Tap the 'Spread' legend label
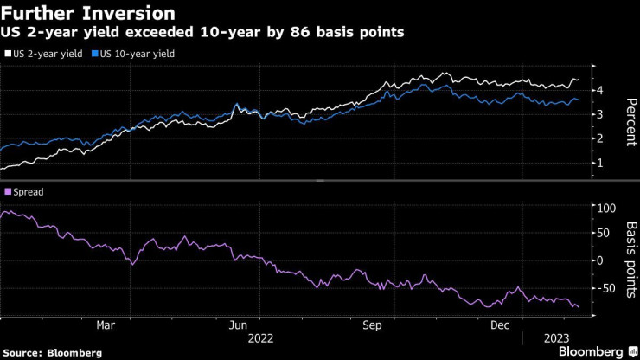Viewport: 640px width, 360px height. click(x=28, y=191)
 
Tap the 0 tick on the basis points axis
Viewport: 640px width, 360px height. click(x=598, y=260)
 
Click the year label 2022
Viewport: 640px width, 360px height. click(x=262, y=337)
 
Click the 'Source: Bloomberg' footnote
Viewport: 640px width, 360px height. click(x=53, y=352)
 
